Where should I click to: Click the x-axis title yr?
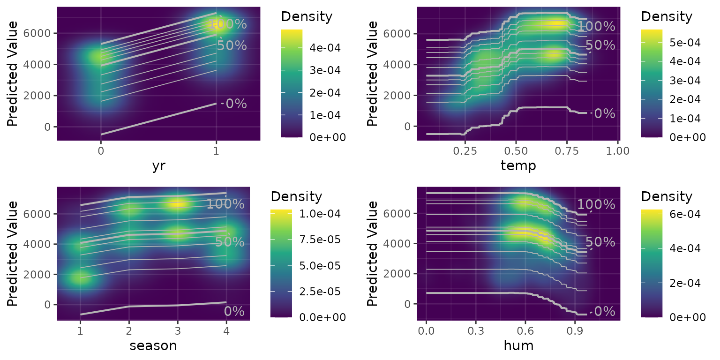point(159,166)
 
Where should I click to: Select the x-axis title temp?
point(518,166)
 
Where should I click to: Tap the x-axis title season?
point(153,346)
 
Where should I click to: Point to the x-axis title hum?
point(518,346)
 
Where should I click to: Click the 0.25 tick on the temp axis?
point(465,151)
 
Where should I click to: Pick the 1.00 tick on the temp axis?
point(618,151)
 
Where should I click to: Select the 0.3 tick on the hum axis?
point(476,331)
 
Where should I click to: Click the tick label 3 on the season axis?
point(178,331)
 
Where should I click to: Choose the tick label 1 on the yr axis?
point(216,151)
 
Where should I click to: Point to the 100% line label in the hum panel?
point(596,204)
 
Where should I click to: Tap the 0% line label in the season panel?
point(234,311)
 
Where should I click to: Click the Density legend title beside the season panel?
point(296,196)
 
